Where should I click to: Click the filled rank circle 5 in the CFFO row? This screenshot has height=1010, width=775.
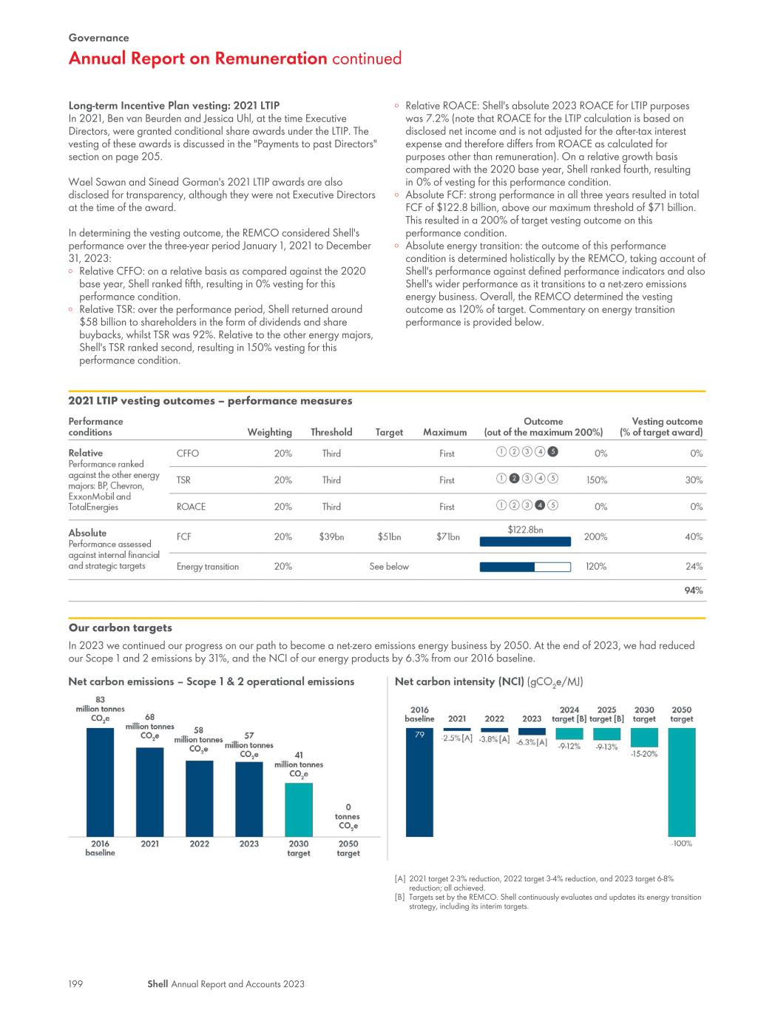tap(552, 451)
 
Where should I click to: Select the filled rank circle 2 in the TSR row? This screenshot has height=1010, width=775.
tap(514, 478)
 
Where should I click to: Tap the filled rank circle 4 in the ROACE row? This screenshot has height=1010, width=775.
tap(540, 505)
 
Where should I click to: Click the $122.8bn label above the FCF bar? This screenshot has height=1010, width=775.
tap(525, 529)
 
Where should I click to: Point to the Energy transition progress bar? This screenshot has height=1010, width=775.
tap(525, 567)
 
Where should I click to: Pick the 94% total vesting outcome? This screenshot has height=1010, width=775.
tap(693, 590)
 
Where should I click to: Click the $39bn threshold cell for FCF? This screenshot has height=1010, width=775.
tap(331, 537)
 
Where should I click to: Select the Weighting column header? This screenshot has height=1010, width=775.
tap(269, 432)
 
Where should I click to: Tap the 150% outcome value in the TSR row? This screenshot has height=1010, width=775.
tap(597, 480)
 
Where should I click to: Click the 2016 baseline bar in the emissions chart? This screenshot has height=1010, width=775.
tap(100, 782)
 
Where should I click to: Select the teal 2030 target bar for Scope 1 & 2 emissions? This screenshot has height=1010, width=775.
tap(298, 809)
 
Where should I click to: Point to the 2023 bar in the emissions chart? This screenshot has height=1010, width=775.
tap(249, 799)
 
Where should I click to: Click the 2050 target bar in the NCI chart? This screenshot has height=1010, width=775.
tap(681, 782)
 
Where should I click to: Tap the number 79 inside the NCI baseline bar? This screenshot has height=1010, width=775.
tap(419, 735)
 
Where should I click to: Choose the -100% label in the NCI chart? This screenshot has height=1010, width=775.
tap(681, 844)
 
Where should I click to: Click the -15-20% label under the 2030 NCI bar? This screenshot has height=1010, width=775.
tap(644, 754)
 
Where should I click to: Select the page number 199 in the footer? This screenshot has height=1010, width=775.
tap(75, 983)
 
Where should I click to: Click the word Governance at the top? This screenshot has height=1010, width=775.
tap(98, 38)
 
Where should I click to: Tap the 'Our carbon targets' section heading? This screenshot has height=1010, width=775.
tap(121, 627)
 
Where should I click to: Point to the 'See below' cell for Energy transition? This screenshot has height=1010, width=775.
tap(389, 567)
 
